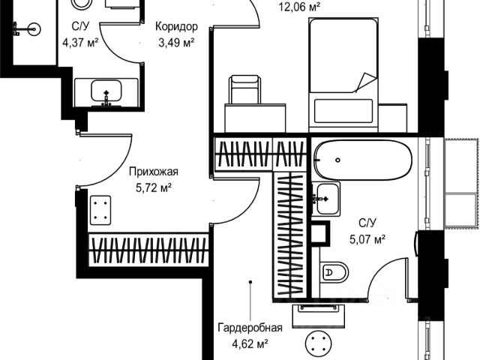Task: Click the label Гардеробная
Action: (250, 328)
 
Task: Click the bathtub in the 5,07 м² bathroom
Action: (361, 160)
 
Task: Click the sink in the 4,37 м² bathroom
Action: (106, 93)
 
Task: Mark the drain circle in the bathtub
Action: (338, 160)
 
